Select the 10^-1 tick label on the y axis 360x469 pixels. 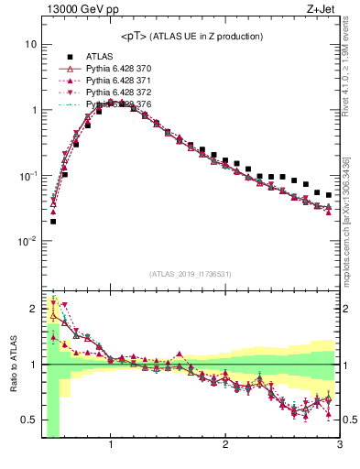tap(27, 175)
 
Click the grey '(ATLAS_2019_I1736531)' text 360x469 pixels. tap(191, 274)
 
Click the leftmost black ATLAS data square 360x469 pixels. tap(53, 221)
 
